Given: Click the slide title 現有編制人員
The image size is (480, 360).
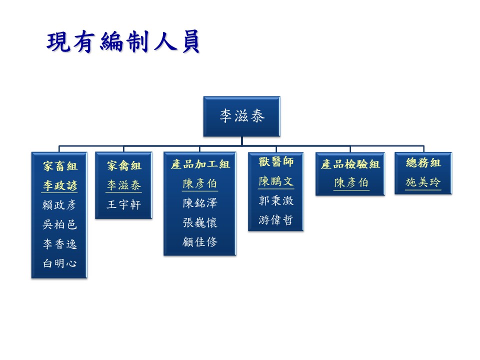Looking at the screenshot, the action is (x=123, y=41).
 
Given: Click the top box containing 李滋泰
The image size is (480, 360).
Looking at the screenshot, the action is (x=242, y=116).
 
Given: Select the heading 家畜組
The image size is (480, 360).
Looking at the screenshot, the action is (x=60, y=166).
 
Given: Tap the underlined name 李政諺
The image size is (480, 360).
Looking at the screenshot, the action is (x=59, y=185).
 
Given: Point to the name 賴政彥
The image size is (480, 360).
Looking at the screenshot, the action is (x=59, y=205).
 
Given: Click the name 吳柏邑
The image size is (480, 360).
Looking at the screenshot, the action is (x=59, y=224).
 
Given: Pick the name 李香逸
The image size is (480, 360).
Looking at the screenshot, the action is (x=59, y=244).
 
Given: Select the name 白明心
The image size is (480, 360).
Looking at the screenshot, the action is (x=59, y=263).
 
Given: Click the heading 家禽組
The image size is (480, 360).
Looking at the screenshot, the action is (x=124, y=165).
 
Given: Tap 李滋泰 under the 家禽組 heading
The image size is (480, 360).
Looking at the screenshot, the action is (x=123, y=185).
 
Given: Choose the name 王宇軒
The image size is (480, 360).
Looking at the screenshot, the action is (x=123, y=204).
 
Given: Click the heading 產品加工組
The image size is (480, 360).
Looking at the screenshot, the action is (x=200, y=164).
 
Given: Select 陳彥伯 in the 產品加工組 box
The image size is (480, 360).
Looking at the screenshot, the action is (x=199, y=183).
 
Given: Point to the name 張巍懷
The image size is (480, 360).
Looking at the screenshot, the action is (x=200, y=222).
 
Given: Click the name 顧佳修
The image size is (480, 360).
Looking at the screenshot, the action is (x=200, y=242).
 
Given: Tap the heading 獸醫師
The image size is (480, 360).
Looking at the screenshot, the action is (x=276, y=161).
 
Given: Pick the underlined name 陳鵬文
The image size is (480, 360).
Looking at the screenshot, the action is (x=276, y=181).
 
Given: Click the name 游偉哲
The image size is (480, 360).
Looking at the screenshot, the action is (x=276, y=220).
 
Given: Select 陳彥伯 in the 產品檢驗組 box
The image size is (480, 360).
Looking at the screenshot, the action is (x=351, y=183).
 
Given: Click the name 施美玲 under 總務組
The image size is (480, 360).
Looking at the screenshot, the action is (x=423, y=182).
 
